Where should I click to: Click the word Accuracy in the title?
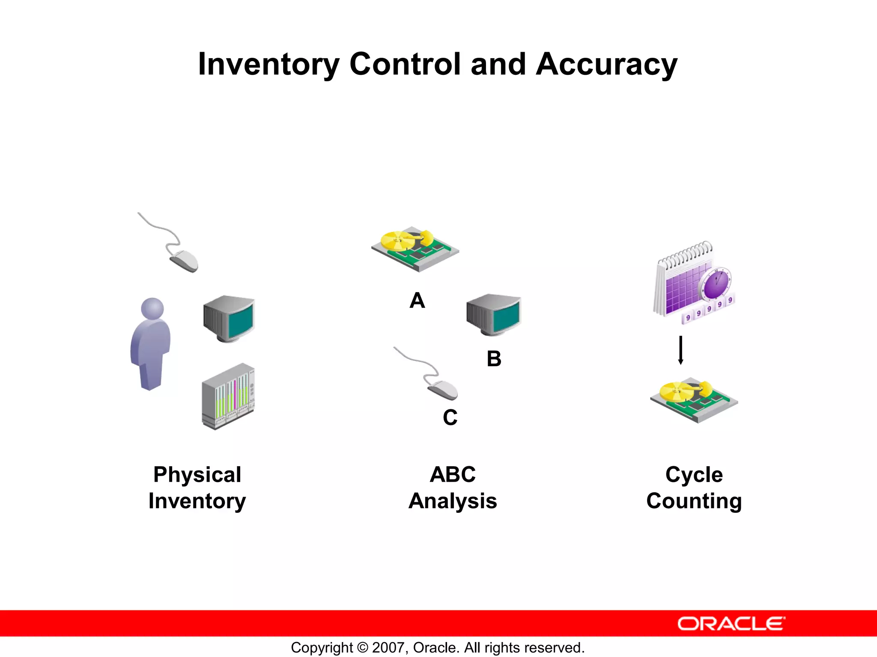coord(606,65)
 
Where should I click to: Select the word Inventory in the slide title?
coord(268,65)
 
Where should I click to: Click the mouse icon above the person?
coord(184,260)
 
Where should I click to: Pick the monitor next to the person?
coord(229,318)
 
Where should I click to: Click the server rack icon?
coord(228,397)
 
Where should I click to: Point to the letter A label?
coord(417,301)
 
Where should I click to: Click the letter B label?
coord(494,359)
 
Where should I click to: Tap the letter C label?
coord(450,417)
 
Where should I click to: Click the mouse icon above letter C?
coord(442,388)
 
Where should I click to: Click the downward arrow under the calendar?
coord(680,350)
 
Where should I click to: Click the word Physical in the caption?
coord(197,475)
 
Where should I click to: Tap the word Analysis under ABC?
coord(453,501)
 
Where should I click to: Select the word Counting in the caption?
coord(694,501)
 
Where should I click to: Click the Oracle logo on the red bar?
coord(731,624)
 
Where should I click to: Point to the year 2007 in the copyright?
coord(388,648)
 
